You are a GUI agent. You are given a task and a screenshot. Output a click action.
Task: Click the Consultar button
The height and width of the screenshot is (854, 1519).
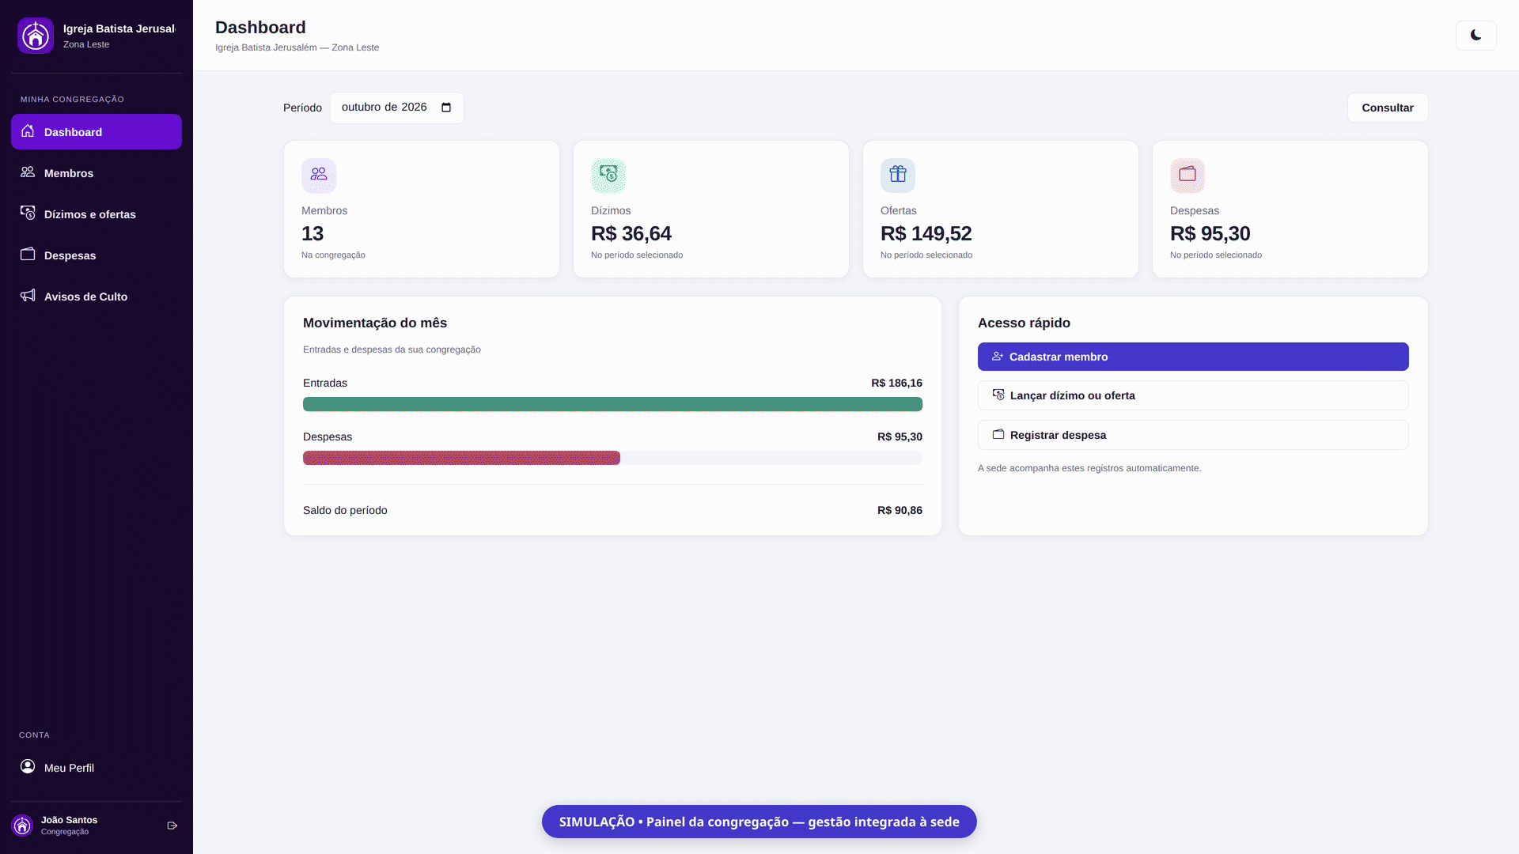point(1387,108)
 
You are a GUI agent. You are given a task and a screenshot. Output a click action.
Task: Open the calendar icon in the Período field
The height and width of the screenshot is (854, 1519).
point(446,108)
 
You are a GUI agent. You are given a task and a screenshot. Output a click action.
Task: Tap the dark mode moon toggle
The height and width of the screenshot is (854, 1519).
point(1475,36)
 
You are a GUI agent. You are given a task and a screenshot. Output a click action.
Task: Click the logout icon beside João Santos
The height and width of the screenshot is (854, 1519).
point(172,826)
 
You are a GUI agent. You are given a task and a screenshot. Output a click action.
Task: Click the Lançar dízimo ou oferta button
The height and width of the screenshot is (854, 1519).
point(1193,395)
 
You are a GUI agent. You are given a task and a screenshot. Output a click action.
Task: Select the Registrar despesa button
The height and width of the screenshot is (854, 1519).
point(1193,435)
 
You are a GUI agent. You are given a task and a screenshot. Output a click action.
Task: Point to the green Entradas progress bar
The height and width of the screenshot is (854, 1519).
point(612,404)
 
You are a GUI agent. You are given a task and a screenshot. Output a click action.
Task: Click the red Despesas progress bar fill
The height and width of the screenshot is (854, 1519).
point(461,458)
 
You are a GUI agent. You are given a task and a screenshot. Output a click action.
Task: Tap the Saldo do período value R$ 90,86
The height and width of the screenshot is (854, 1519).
point(900,511)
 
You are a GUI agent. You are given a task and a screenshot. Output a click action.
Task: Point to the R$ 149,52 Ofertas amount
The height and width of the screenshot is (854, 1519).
point(926,234)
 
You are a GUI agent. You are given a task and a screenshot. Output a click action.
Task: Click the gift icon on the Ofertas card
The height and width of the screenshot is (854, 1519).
point(898,176)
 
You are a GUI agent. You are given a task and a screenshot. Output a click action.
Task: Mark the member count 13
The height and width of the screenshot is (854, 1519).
point(313,234)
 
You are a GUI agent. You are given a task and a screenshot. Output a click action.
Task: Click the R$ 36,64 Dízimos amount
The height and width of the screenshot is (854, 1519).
point(631,234)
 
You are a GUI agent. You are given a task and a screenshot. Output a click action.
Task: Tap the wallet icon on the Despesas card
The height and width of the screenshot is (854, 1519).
point(1188,176)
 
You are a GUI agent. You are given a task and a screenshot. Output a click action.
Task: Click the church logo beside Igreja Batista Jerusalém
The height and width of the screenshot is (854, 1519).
point(36,36)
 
